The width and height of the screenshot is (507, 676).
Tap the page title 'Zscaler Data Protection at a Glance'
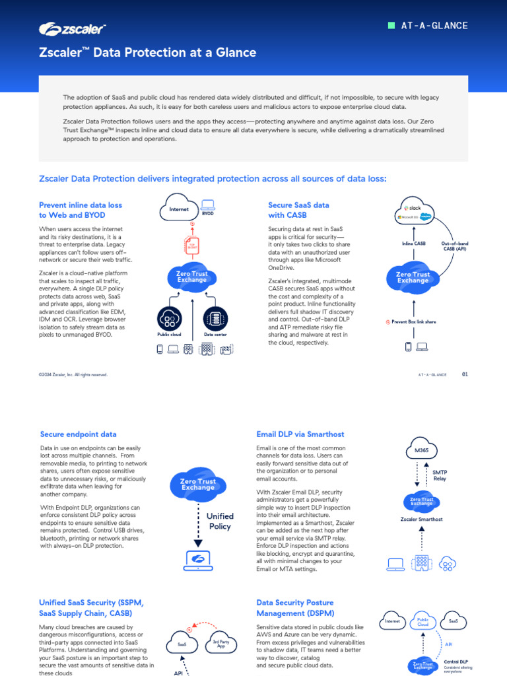pos(147,53)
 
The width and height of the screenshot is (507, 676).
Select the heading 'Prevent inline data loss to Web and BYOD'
pos(81,210)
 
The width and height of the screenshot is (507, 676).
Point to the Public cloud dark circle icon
pos(170,319)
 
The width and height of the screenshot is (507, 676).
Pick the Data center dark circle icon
pos(215,319)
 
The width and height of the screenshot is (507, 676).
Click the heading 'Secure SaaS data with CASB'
pos(298,210)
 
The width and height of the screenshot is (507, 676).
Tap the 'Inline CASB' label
pos(414,244)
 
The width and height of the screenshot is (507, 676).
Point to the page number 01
pos(465,374)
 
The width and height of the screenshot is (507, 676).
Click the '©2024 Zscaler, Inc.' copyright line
pos(73,374)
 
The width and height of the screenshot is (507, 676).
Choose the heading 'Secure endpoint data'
pos(79,434)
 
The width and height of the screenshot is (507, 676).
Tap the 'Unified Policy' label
pos(220,521)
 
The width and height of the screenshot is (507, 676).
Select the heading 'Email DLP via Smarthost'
pos(300,434)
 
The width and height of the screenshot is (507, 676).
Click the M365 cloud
pos(421,451)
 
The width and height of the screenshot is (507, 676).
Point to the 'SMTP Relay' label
pos(440,475)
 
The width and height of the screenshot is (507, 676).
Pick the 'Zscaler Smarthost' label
pos(421,519)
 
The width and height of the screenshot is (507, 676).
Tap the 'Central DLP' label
pos(456,661)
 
